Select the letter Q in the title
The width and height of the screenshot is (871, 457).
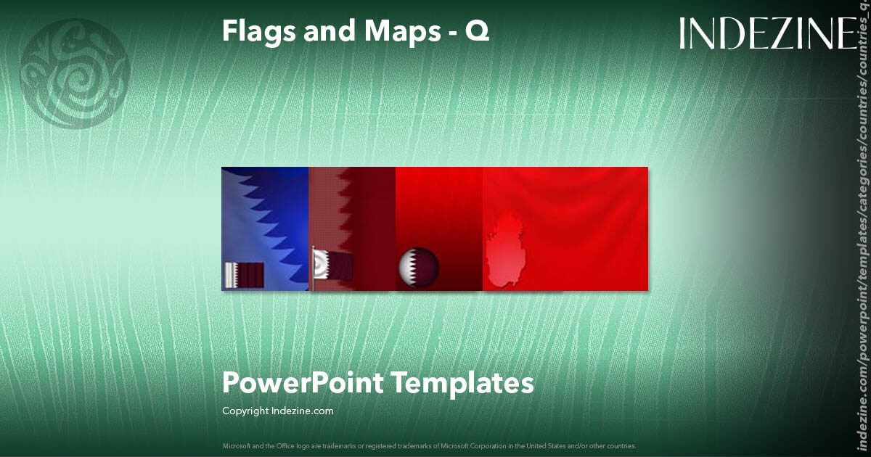477,31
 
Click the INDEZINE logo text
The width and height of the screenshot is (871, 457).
768,34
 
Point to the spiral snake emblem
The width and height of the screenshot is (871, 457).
75,73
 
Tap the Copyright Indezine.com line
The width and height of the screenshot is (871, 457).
278,411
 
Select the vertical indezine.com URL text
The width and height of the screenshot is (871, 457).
863,239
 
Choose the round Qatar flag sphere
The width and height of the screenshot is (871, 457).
419,267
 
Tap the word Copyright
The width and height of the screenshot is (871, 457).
245,411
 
